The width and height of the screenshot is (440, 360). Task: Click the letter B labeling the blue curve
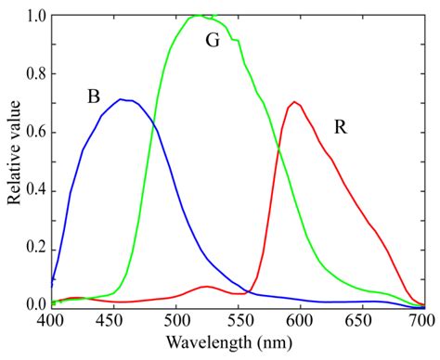click(x=93, y=96)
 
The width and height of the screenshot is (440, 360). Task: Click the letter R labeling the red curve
click(x=341, y=125)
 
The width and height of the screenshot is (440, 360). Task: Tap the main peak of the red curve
click(x=294, y=102)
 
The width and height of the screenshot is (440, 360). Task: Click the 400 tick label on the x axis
click(x=51, y=319)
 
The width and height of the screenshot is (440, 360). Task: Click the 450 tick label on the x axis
click(x=113, y=319)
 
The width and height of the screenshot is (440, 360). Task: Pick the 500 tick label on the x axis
click(x=175, y=319)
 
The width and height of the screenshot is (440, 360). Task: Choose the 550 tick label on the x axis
click(x=238, y=319)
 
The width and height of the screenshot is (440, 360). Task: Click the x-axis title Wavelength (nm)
click(x=238, y=344)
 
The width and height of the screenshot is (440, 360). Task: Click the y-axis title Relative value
click(x=14, y=158)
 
